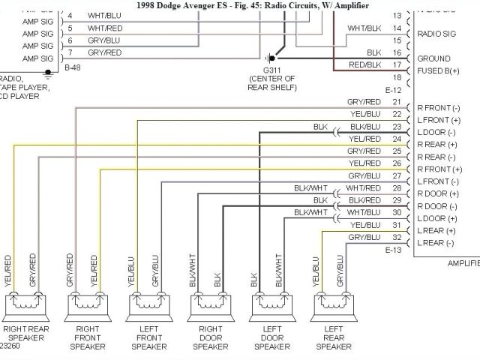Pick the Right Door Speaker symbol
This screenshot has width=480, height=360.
pos(208,305)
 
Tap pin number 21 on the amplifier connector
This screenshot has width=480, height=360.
pos(396,102)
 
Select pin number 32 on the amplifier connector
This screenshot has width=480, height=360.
pos(396,237)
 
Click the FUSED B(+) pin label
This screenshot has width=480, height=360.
pos(438,71)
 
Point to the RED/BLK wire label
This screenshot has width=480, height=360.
pos(364,65)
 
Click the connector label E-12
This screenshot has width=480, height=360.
pos(394,89)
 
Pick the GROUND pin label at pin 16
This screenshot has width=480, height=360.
pos(433,58)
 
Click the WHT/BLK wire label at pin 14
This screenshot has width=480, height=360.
pos(364,28)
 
